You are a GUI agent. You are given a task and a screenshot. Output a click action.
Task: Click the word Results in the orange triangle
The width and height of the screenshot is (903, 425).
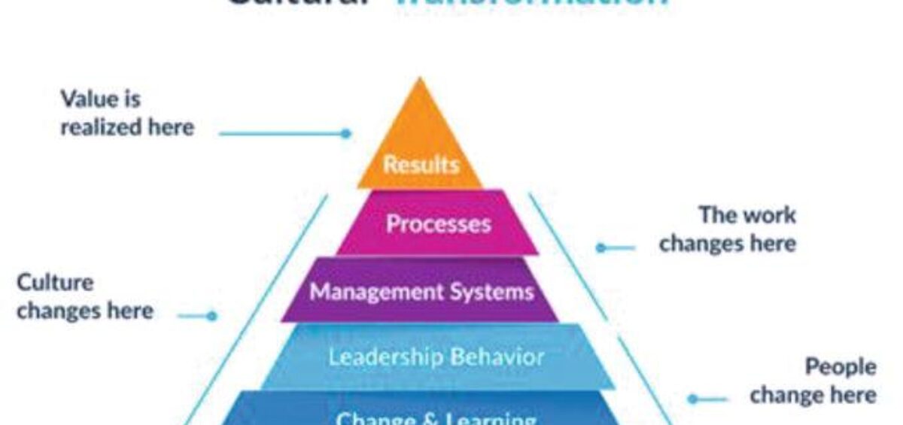point(421,165)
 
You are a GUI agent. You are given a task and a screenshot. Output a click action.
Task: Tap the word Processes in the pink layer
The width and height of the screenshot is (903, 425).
point(438,223)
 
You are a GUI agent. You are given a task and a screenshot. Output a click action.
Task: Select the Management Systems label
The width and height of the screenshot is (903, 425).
point(421,292)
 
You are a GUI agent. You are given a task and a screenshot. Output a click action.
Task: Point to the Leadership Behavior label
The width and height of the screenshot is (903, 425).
point(436,356)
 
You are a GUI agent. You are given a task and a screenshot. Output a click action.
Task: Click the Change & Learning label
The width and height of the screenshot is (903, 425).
point(436,417)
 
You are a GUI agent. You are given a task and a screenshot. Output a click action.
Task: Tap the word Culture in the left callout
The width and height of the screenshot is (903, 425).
point(55,283)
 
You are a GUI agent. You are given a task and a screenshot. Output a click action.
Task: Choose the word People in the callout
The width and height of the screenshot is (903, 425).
point(841,367)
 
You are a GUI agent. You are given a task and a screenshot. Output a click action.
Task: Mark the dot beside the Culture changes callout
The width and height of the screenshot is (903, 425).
point(212,317)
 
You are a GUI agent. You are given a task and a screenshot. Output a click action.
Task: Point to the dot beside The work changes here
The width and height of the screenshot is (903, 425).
point(600,247)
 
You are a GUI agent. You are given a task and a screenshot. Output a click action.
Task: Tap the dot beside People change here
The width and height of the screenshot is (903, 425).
point(692,399)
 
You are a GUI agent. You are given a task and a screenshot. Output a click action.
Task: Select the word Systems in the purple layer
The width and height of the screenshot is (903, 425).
point(495,292)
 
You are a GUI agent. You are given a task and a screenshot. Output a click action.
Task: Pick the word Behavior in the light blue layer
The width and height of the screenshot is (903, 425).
point(492,356)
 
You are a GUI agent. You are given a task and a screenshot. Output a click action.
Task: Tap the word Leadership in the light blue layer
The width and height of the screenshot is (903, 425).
point(380,356)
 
